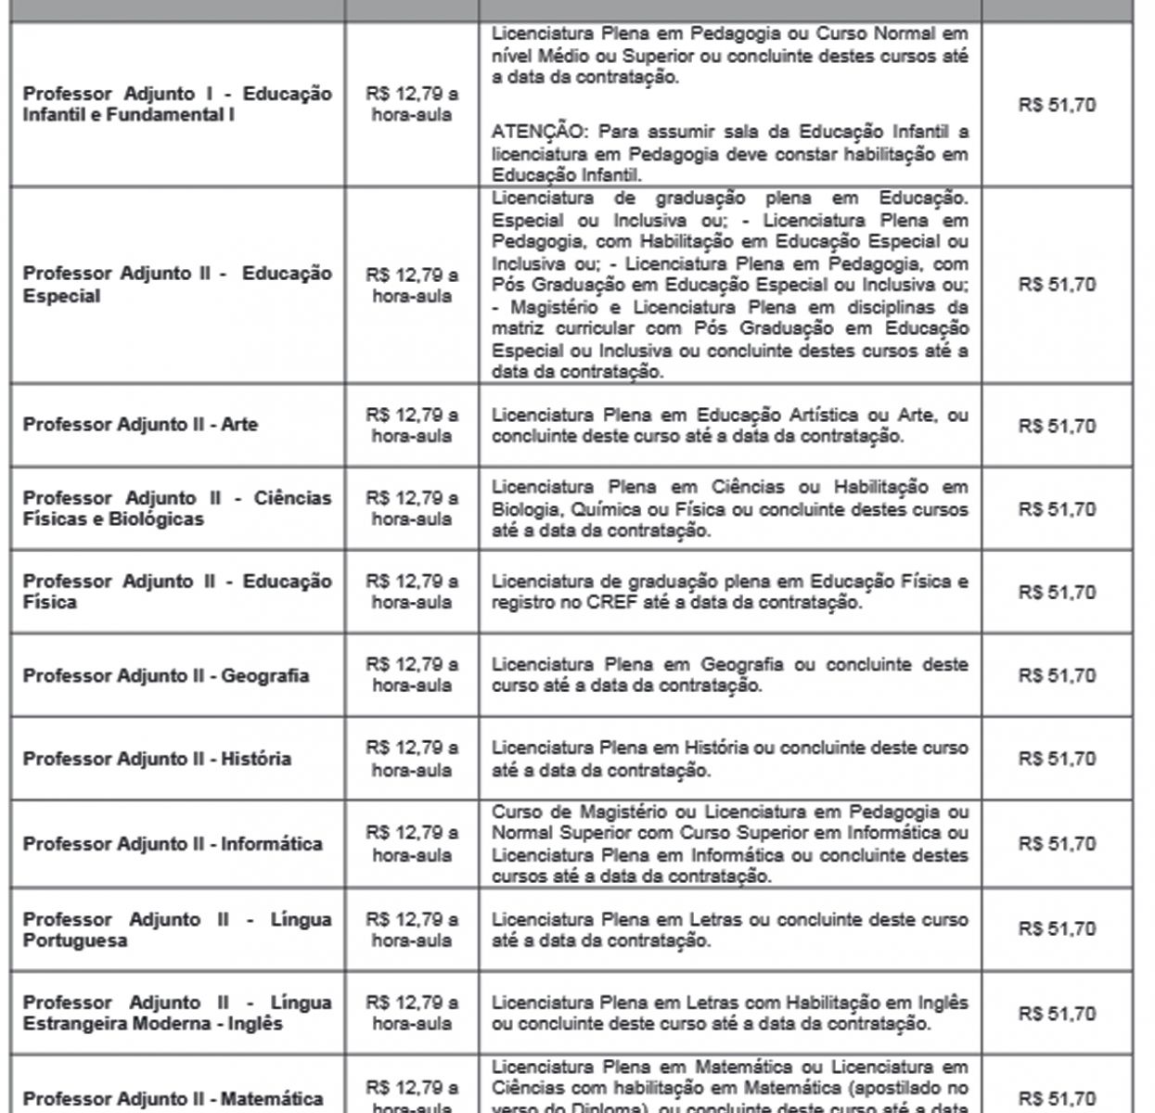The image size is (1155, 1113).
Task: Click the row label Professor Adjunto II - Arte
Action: click(x=140, y=425)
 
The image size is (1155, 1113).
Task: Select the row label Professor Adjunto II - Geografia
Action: click(x=165, y=675)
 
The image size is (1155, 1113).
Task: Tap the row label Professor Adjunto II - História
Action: click(x=157, y=759)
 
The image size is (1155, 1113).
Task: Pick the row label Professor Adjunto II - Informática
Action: click(x=173, y=844)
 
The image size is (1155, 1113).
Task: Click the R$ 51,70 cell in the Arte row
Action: click(x=1057, y=426)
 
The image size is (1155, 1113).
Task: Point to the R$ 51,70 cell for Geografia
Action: click(x=1057, y=675)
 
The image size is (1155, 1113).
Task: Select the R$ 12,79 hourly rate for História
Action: click(x=412, y=759)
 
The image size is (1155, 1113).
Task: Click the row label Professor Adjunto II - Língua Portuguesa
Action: click(x=176, y=929)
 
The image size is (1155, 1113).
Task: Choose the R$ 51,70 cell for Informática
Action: click(x=1057, y=844)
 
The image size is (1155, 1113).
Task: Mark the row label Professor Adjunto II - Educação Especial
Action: click(x=176, y=285)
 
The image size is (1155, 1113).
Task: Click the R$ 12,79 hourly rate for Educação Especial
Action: click(x=412, y=285)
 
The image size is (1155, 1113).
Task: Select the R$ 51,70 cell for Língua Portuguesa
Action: click(x=1057, y=928)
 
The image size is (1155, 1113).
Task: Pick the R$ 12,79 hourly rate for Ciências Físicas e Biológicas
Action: click(x=412, y=508)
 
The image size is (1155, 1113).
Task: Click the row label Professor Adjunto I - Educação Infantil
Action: click(x=176, y=104)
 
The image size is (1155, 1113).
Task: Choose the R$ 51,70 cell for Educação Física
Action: click(x=1057, y=592)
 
